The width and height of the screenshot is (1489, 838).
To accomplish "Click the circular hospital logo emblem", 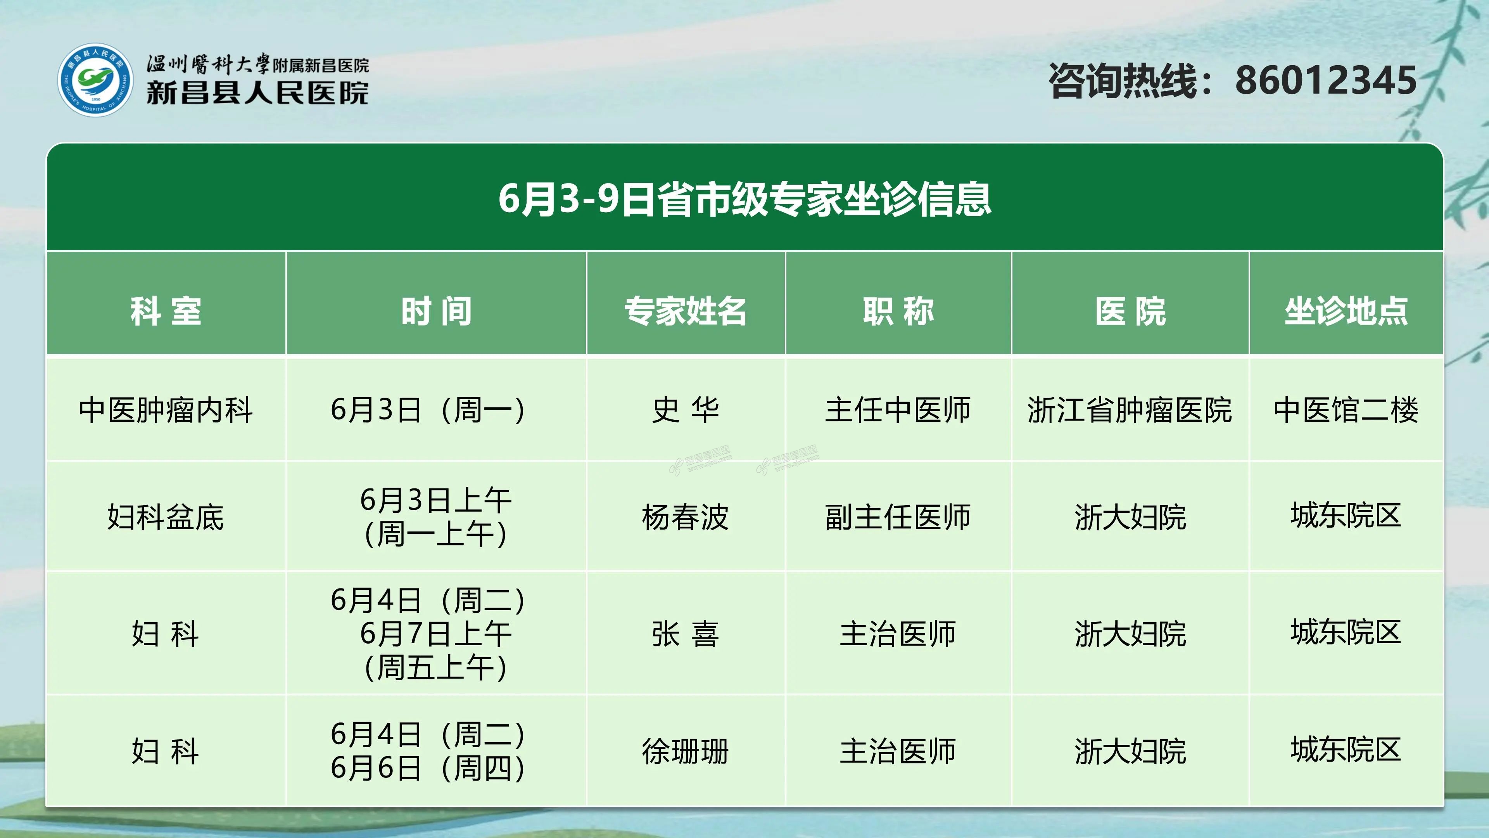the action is pos(95,80).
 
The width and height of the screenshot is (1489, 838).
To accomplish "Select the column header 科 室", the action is pos(166,311).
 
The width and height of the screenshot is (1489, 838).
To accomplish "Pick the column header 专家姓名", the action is pos(686,311).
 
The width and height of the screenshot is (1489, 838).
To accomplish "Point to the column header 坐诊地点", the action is pos(1346,311).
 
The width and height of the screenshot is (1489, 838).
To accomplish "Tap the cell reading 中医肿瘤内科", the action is pos(166,410).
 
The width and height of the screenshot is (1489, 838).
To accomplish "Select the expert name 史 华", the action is pos(686,410).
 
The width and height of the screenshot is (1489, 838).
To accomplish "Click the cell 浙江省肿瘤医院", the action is pos(1130,410).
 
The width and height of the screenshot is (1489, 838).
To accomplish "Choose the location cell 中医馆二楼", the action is pos(1346,410).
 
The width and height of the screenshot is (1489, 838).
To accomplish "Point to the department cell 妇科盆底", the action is pos(166,516).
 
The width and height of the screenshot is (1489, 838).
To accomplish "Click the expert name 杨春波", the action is pos(686,516).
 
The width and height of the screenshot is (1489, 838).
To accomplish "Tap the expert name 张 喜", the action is pos(686,634).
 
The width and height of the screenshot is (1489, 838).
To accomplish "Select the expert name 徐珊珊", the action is pos(686,751).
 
